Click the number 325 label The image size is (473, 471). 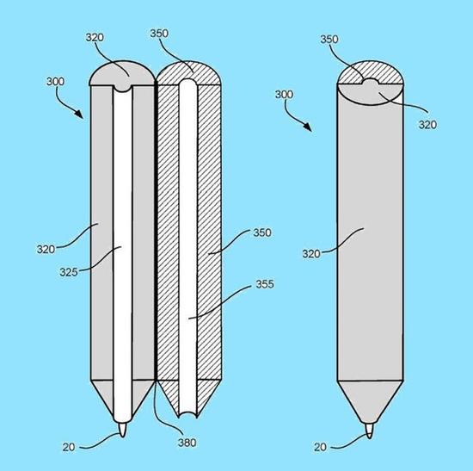tap(69, 272)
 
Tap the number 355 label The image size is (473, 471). tap(265, 284)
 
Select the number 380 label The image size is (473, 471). tap(187, 443)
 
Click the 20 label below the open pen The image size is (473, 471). tap(69, 447)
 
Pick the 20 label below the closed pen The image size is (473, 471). tap(320, 447)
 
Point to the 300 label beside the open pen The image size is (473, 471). tap(55, 82)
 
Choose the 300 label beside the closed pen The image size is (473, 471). tap(284, 95)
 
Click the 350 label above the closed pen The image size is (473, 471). tap(329, 40)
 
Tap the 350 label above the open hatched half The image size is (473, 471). tap(159, 34)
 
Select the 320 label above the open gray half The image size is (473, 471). tap(95, 38)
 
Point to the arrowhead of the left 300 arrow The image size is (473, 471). tap(79, 115)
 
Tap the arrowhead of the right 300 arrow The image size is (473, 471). tap(307, 127)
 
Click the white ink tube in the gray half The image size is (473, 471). tap(122, 254)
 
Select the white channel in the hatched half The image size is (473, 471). tap(187, 248)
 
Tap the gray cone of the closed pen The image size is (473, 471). tap(370, 399)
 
